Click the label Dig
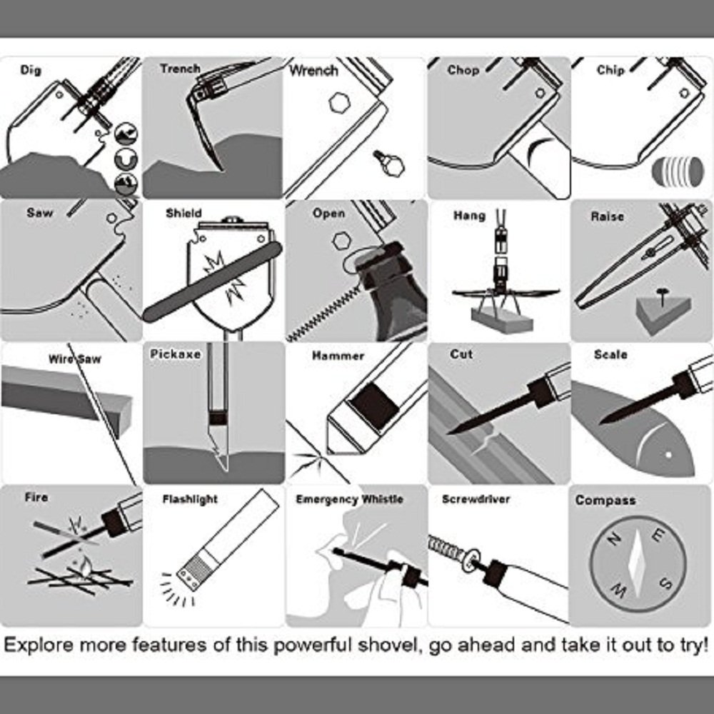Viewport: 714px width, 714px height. pos(31,70)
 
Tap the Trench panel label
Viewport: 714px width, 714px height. pos(180,69)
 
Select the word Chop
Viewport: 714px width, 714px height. pos(463,70)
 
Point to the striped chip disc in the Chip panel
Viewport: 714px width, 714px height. pos(672,171)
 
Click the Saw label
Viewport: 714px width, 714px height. pos(40,213)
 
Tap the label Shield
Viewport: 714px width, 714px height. pos(183,213)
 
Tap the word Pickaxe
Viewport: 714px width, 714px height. pos(176,354)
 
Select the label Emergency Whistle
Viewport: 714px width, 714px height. pos(349,499)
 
